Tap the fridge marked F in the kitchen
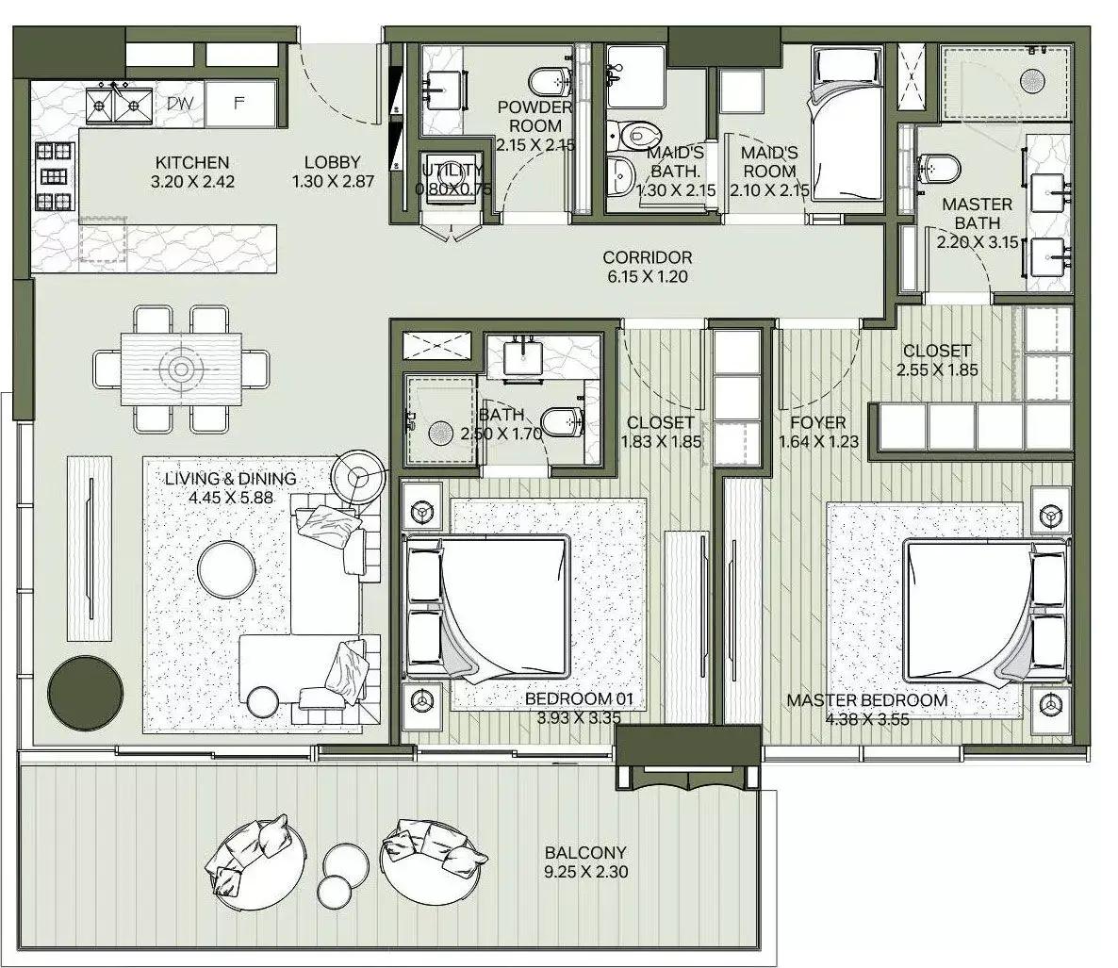[239, 104]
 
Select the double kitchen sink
[120, 103]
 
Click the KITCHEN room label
[192, 163]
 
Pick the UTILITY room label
[453, 171]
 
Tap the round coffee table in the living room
[225, 566]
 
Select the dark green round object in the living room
[85, 689]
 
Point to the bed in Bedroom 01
[490, 608]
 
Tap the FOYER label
[817, 423]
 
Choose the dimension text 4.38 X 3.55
[866, 719]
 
